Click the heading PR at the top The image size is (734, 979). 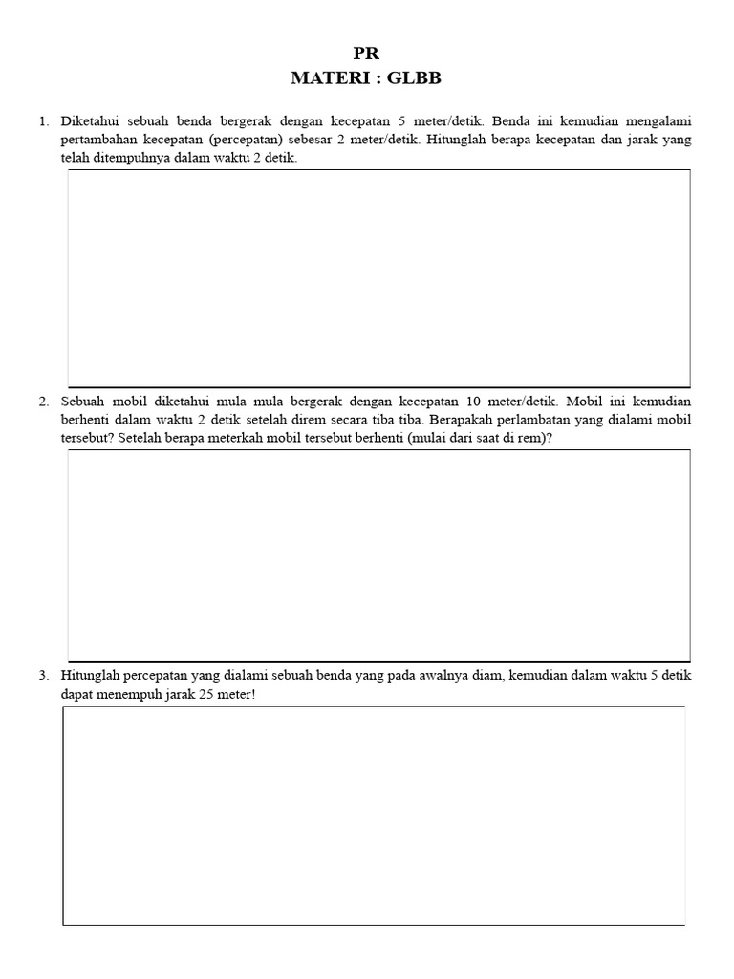[x=367, y=54]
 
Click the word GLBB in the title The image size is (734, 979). [x=414, y=79]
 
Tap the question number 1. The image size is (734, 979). [x=42, y=122]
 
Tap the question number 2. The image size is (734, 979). [x=42, y=402]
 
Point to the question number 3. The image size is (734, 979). [x=42, y=676]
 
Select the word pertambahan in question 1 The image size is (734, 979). [x=97, y=140]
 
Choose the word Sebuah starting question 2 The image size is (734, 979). [x=83, y=402]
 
